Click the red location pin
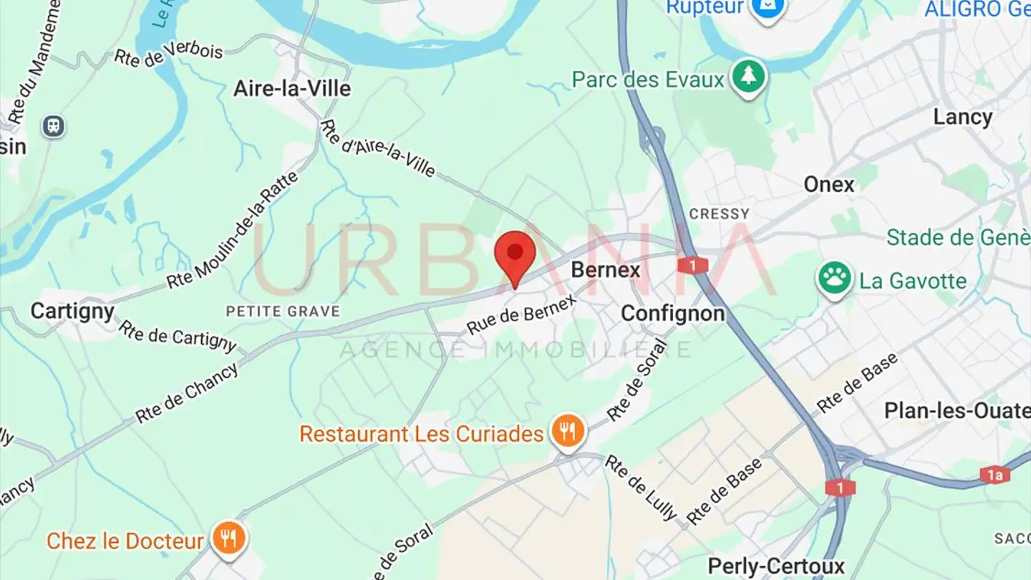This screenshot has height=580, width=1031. click(x=515, y=255)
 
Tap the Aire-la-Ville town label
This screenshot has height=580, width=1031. click(x=292, y=89)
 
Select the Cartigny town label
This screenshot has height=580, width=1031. click(x=72, y=311)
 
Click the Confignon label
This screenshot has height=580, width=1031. click(x=672, y=314)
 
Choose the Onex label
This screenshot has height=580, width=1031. click(x=829, y=185)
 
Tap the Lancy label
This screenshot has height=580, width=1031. click(x=962, y=117)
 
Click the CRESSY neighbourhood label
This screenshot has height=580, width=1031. click(x=719, y=213)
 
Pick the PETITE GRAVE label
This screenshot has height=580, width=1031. click(x=283, y=311)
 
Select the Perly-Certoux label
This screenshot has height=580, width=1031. click(x=776, y=566)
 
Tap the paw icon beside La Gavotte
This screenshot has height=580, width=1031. click(x=835, y=278)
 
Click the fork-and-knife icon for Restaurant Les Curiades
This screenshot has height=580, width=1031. click(x=568, y=431)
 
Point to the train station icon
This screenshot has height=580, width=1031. click(x=54, y=127)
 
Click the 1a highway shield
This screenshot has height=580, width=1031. click(x=995, y=474)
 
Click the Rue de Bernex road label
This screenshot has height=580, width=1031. click(x=521, y=315)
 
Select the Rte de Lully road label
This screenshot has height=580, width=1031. click(x=640, y=487)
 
